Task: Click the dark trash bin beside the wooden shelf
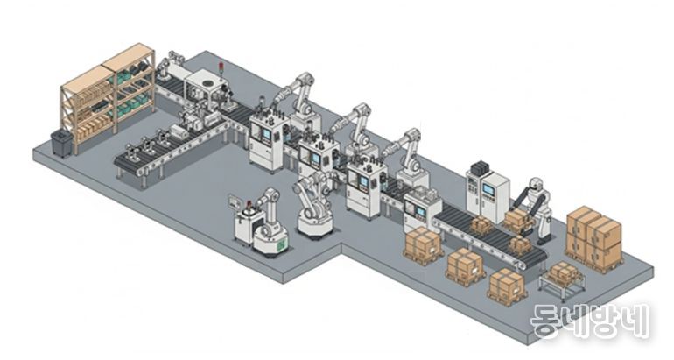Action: tap(61, 143)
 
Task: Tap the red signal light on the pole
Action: tap(221, 67)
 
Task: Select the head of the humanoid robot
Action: tap(536, 185)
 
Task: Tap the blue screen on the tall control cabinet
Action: tap(488, 189)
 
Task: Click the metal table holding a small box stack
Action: tap(562, 282)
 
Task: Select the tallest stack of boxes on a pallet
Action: tap(594, 238)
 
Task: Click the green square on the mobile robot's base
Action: tap(282, 245)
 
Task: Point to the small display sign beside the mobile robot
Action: tap(235, 201)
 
